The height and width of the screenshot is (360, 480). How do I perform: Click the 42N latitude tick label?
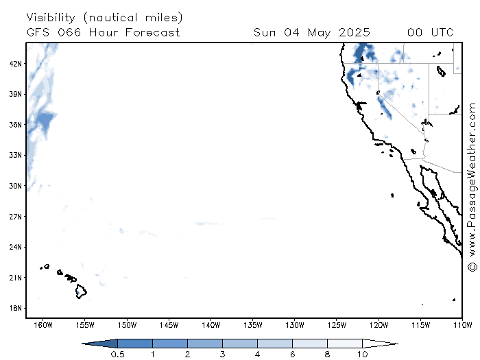click(15, 64)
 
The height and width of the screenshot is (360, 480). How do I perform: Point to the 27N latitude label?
click(15, 217)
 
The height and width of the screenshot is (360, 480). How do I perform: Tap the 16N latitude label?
click(15, 308)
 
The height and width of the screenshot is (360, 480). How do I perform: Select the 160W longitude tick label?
click(43, 325)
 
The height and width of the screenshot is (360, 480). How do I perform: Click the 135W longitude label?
click(253, 325)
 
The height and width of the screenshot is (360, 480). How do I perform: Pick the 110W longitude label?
click(463, 325)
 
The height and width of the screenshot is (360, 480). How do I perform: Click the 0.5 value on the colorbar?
click(117, 355)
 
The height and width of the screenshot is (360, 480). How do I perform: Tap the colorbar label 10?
click(363, 355)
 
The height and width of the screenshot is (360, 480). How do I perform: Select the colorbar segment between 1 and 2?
click(170, 344)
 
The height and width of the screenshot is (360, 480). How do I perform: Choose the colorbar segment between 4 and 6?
click(275, 344)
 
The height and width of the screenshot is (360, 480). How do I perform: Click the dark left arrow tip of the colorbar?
click(82, 344)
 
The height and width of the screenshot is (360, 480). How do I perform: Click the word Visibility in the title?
click(51, 17)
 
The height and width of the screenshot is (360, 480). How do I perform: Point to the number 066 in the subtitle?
click(69, 32)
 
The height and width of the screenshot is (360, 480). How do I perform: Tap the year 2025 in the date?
click(355, 32)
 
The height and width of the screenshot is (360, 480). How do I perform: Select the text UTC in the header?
click(442, 32)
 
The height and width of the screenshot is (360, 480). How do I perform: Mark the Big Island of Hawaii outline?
click(76, 291)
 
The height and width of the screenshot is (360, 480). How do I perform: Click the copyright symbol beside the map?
click(472, 267)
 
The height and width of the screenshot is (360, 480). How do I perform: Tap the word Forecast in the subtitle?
click(152, 32)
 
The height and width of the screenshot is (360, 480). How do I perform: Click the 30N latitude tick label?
click(15, 186)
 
